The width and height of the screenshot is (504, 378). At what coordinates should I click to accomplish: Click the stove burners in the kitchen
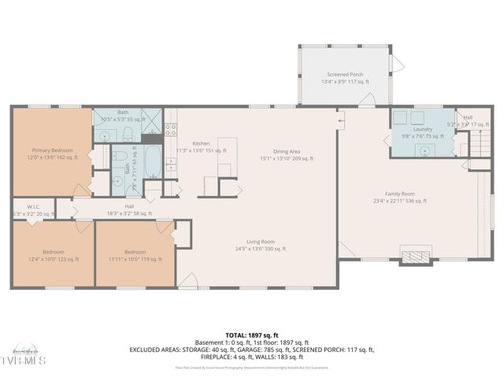[x=170, y=165]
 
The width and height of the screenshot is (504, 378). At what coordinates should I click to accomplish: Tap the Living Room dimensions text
[x=261, y=249]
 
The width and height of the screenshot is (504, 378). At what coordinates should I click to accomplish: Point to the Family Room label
[x=399, y=194]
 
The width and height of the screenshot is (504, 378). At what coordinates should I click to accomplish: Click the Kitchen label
[x=202, y=143]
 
